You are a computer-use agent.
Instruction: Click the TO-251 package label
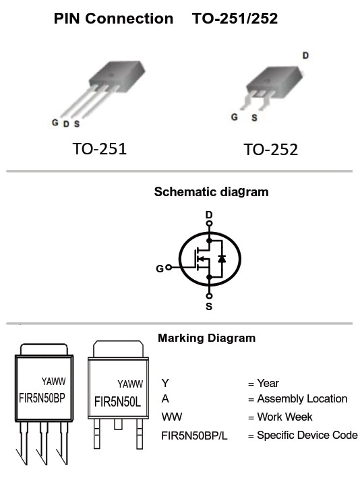[100, 149]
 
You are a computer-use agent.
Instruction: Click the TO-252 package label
[270, 150]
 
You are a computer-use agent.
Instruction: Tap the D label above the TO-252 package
[305, 56]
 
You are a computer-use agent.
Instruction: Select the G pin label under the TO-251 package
[55, 123]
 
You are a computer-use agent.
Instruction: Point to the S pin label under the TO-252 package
[254, 118]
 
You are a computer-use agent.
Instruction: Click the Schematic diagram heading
[211, 192]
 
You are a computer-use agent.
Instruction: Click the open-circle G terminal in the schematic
[169, 268]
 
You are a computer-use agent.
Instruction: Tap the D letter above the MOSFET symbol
[209, 215]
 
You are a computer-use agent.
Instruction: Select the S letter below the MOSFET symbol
[209, 306]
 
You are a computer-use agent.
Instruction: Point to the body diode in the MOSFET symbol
[222, 259]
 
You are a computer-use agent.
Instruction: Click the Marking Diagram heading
[207, 338]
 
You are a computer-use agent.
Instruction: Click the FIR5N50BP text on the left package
[42, 398]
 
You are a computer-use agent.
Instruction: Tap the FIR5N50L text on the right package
[117, 402]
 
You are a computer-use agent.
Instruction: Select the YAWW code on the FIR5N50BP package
[53, 382]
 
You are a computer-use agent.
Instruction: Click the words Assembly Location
[302, 399]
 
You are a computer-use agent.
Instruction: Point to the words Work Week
[284, 417]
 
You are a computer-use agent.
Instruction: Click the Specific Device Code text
[307, 436]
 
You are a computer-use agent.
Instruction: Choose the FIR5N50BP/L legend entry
[194, 436]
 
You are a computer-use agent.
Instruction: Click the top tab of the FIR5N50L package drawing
[118, 349]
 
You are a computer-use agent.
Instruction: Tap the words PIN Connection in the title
[113, 18]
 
